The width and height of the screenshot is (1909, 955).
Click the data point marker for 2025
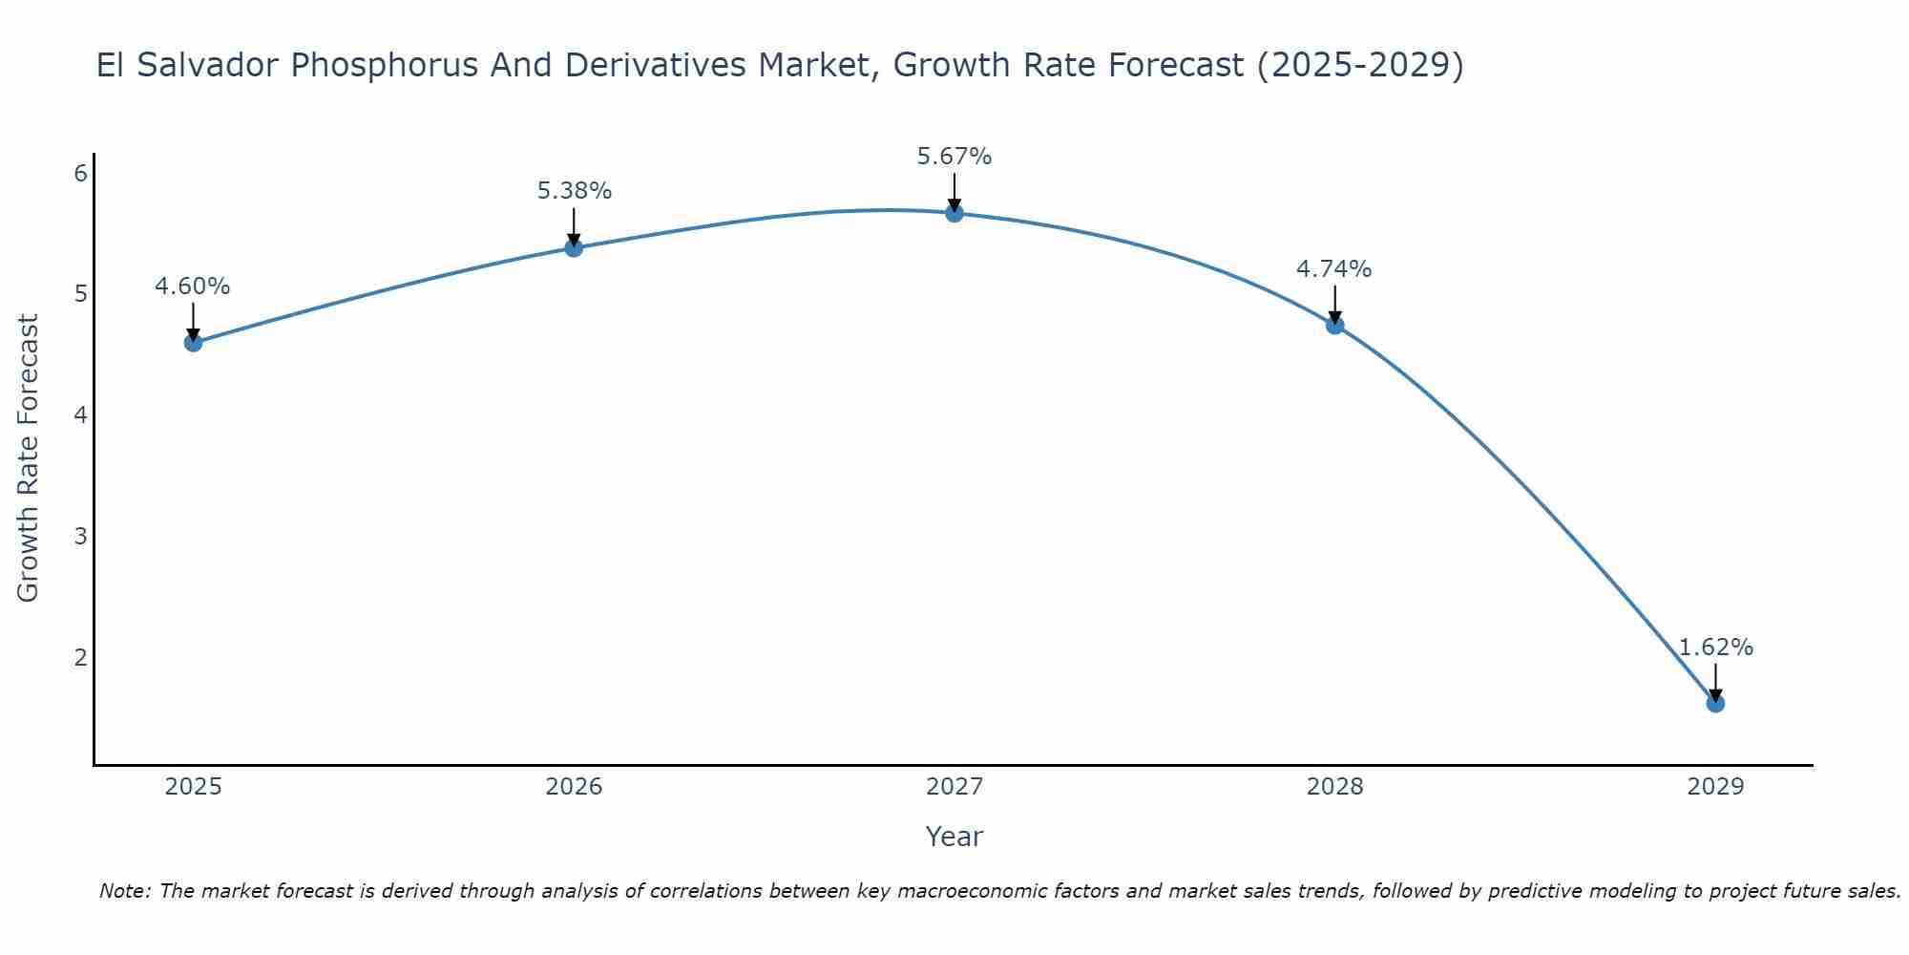coord(193,343)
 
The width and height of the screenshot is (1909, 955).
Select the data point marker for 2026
coord(574,248)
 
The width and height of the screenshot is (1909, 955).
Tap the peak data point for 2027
coord(954,213)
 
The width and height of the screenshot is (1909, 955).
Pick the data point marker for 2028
coord(1335,326)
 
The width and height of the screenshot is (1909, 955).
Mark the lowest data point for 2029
coord(1715,704)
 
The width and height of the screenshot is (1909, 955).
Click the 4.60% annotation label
coord(193,286)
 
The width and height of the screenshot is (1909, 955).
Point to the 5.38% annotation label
coord(574,191)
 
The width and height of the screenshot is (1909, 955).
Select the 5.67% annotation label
coord(954,157)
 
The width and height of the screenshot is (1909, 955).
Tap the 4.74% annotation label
coord(1334,269)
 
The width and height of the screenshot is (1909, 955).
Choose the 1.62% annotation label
coord(1715,647)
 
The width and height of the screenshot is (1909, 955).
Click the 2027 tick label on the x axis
coord(954,787)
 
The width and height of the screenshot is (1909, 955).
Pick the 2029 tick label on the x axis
coord(1715,787)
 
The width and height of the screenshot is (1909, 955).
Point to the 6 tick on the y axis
coord(81,173)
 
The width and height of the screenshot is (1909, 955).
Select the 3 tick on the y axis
coord(81,536)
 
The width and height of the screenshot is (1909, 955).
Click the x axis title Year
coord(954,837)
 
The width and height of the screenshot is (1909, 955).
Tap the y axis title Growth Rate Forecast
coord(29,458)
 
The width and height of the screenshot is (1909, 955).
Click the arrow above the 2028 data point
coord(1335,304)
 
